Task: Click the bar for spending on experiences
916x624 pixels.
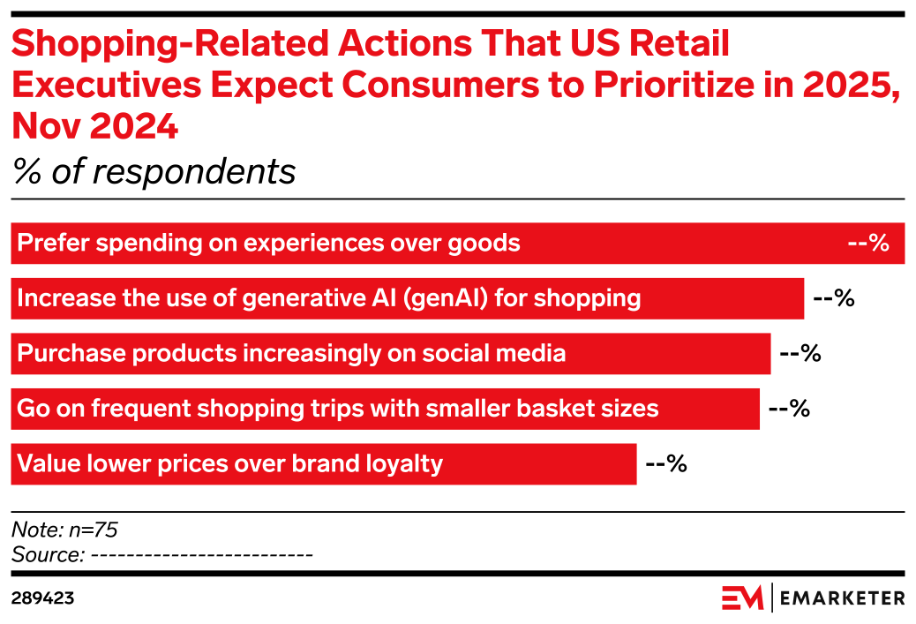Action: coord(457,243)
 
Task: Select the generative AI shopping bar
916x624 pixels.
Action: coord(407,297)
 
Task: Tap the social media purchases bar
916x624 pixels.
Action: coord(390,353)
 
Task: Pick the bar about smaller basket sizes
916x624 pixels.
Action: coord(385,408)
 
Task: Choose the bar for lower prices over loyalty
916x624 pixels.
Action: coord(323,463)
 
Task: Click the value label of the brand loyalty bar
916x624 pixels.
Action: coord(666,463)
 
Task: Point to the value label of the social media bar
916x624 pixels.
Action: coord(800,353)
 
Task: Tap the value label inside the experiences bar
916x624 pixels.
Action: coord(867,243)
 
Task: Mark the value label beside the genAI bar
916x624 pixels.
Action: coord(834,297)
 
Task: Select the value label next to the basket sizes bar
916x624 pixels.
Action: coord(789,408)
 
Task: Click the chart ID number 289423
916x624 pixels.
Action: coord(42,598)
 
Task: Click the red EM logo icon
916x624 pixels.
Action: coord(742,598)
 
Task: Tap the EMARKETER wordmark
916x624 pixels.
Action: coord(843,598)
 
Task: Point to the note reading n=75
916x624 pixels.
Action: coord(64,530)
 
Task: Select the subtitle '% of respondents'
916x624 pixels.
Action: coord(154,171)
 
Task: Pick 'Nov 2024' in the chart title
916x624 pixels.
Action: coord(95,127)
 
